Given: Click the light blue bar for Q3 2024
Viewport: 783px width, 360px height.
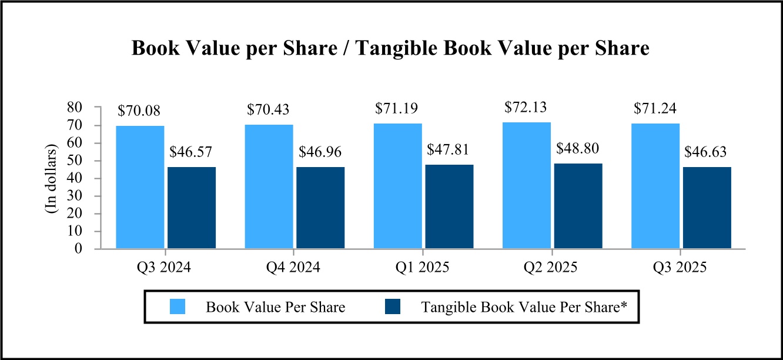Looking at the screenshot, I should (140, 187).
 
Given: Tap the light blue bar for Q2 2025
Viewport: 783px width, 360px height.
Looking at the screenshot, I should (527, 185).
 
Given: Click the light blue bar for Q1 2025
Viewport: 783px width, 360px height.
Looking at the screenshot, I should (397, 186).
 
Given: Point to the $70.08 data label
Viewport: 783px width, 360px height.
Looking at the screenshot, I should (139, 111).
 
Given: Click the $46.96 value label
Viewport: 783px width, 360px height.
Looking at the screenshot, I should (320, 152).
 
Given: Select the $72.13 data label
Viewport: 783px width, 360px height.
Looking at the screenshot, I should (526, 108).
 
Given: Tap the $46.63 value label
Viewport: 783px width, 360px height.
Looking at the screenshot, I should (706, 152).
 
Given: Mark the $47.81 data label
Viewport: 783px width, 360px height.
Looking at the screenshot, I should (449, 150).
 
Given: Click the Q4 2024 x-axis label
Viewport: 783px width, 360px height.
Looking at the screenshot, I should (294, 268).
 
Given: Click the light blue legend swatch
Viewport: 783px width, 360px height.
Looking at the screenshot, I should (177, 306).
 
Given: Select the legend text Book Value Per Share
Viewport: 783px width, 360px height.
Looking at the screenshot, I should (276, 306).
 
